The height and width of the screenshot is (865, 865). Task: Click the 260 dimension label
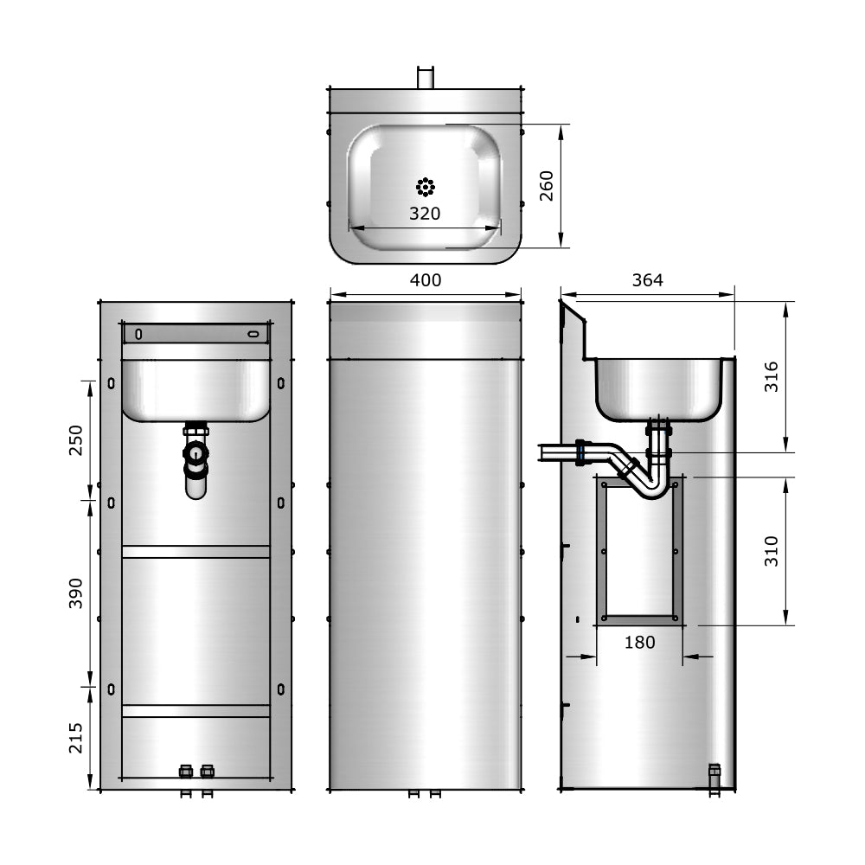(x=546, y=186)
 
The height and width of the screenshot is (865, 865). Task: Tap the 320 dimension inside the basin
(x=425, y=214)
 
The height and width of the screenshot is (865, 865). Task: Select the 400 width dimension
(x=426, y=279)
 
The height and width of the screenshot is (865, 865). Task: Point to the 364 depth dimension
(x=648, y=279)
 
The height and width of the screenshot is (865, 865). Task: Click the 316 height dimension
(x=772, y=377)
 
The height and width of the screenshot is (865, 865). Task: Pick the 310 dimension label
(x=772, y=550)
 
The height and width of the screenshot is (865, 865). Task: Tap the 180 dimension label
(x=640, y=642)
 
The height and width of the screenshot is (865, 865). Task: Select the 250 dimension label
(x=75, y=440)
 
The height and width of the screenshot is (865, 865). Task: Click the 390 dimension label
(x=75, y=593)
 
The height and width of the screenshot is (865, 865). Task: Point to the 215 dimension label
(x=75, y=738)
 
